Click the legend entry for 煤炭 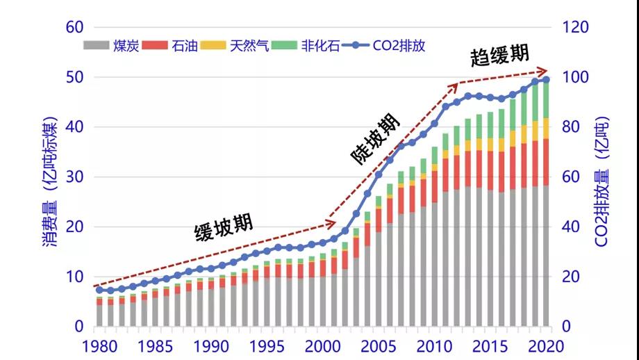pyautogui.click(x=111, y=46)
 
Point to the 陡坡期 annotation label pyautogui.click(x=376, y=138)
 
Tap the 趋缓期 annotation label pyautogui.click(x=499, y=56)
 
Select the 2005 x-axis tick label pyautogui.click(x=379, y=345)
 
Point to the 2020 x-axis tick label pyautogui.click(x=546, y=345)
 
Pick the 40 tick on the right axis pyautogui.click(x=571, y=227)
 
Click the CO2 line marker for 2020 pyautogui.click(x=546, y=80)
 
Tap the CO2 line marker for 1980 pyautogui.click(x=99, y=290)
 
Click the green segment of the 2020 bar pyautogui.click(x=546, y=100)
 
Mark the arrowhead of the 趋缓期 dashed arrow pyautogui.click(x=546, y=71)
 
